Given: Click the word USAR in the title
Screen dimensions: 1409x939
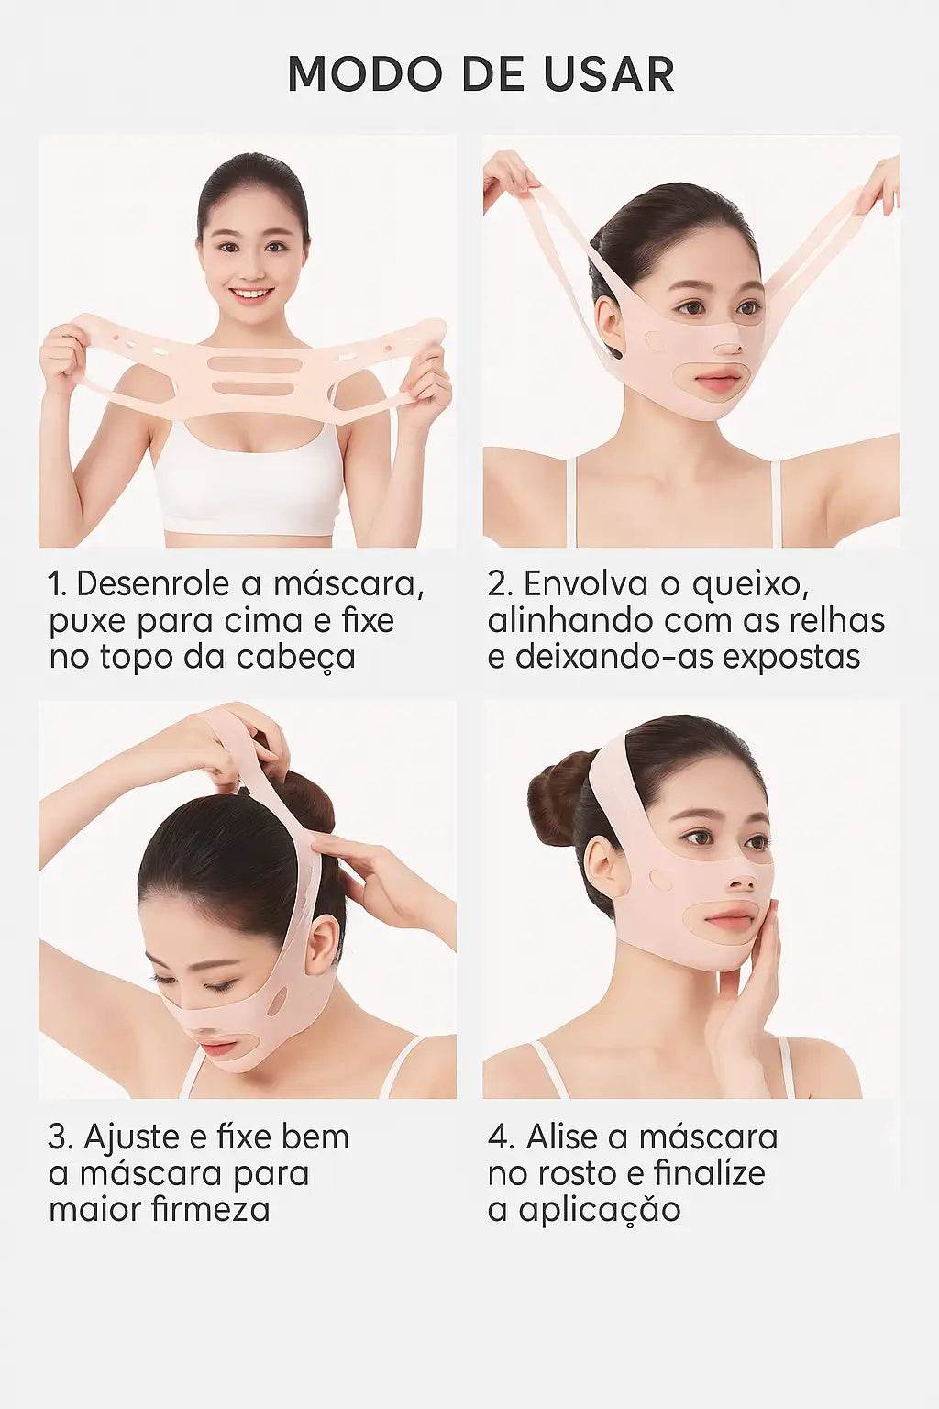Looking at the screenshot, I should [x=609, y=75].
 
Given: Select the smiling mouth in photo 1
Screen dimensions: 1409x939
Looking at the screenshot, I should [x=252, y=295].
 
